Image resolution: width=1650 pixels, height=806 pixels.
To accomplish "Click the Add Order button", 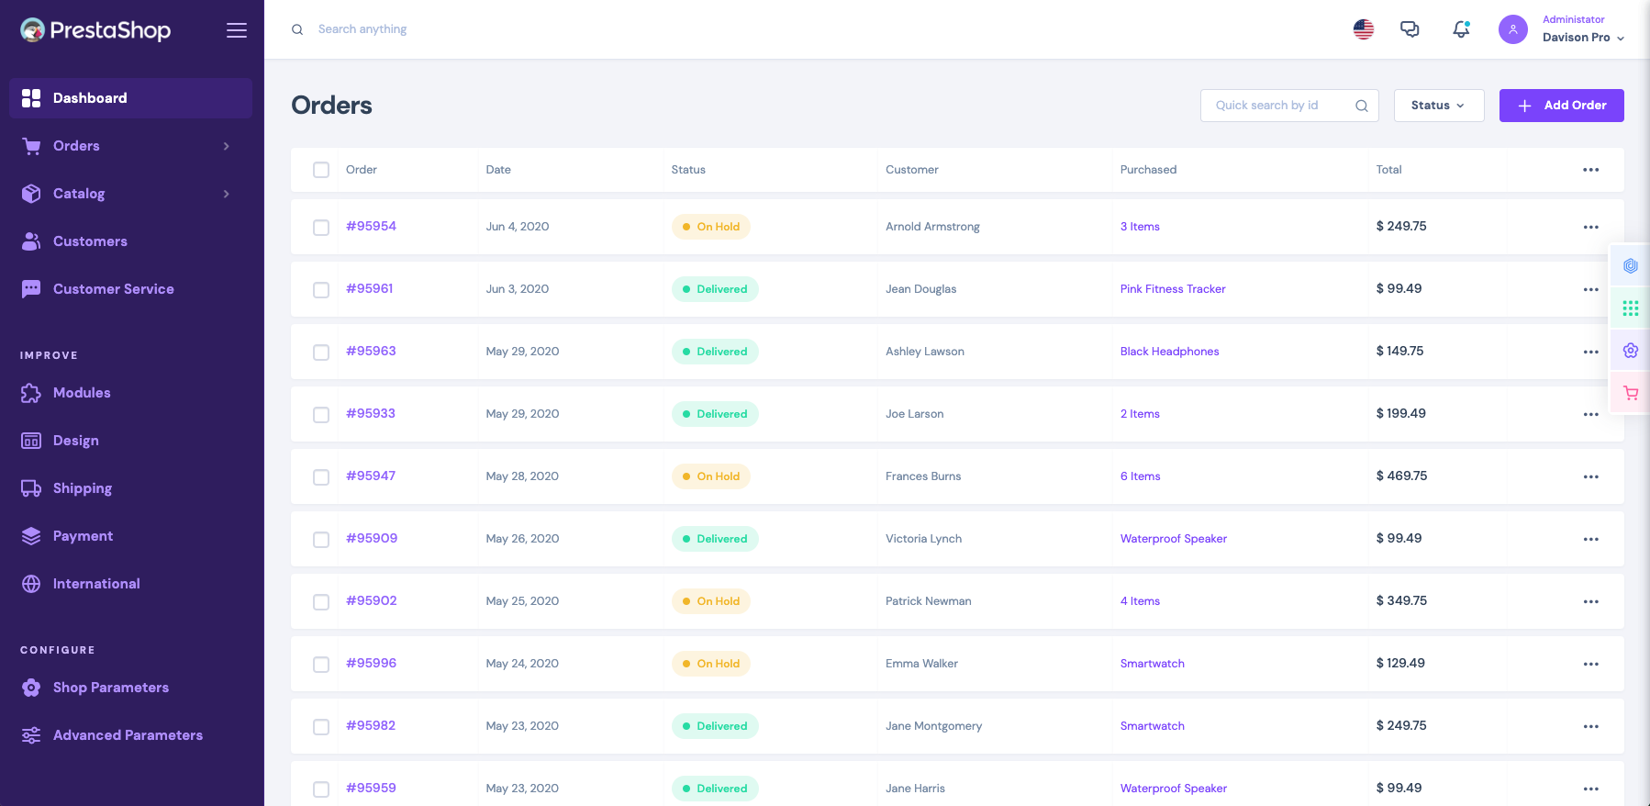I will pyautogui.click(x=1561, y=106).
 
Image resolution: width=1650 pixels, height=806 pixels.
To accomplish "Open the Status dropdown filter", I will pyautogui.click(x=1438, y=106).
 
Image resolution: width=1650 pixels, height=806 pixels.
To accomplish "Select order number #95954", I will pyautogui.click(x=371, y=226).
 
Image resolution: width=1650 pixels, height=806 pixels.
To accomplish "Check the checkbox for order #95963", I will pyautogui.click(x=321, y=353).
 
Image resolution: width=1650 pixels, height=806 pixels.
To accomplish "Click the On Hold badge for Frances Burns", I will pyautogui.click(x=710, y=476).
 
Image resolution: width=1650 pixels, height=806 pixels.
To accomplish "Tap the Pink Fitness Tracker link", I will pyautogui.click(x=1172, y=289).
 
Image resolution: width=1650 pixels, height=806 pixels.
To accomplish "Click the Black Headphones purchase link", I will pyautogui.click(x=1169, y=352).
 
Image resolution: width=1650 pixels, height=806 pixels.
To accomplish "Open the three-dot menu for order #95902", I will pyautogui.click(x=1590, y=601).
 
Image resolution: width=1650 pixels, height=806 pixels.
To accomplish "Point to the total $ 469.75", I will pyautogui.click(x=1401, y=476).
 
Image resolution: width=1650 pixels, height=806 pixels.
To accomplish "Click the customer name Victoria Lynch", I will pyautogui.click(x=923, y=539).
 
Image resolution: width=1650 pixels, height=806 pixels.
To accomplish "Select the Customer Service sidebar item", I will pyautogui.click(x=113, y=289).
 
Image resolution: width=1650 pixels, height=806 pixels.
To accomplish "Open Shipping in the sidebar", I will pyautogui.click(x=82, y=488).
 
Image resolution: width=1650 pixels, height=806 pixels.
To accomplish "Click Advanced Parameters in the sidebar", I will pyautogui.click(x=128, y=735).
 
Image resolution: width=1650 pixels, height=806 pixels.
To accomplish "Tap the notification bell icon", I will pyautogui.click(x=1461, y=29).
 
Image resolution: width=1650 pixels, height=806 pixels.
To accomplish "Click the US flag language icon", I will pyautogui.click(x=1364, y=29).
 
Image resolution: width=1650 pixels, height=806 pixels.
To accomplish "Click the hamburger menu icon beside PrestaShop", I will pyautogui.click(x=237, y=30).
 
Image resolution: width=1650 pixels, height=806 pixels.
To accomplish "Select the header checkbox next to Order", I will pyautogui.click(x=321, y=170).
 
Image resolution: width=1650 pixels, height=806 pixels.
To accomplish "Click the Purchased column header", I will pyautogui.click(x=1148, y=170).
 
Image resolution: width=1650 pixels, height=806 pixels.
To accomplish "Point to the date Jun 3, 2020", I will pyautogui.click(x=518, y=289).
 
